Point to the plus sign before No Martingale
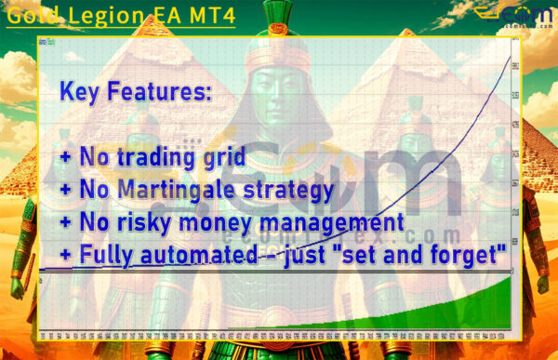65,192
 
